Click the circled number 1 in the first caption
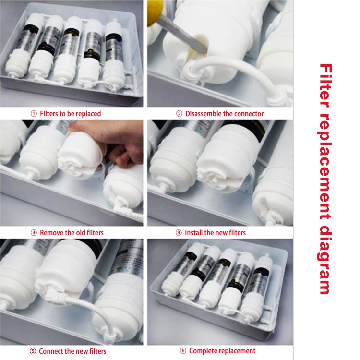tap(34, 114)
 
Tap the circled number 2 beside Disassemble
tap(179, 114)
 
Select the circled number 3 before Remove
tap(34, 233)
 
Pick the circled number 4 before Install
tap(179, 233)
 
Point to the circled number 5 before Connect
tap(33, 351)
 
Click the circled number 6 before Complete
tap(183, 351)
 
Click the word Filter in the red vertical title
tap(325, 86)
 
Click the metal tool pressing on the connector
tap(182, 35)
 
